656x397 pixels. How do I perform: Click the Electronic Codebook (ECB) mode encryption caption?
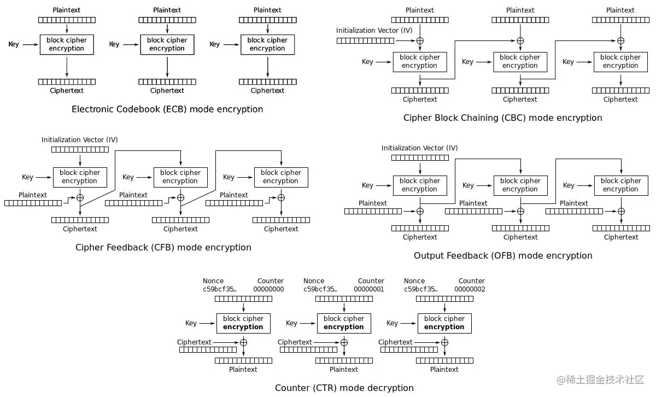pyautogui.click(x=167, y=109)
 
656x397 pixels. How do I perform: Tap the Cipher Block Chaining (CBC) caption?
pyautogui.click(x=502, y=118)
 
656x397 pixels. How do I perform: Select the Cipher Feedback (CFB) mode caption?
pyautogui.click(x=163, y=248)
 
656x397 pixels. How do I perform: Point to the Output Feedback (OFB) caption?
pyautogui.click(x=503, y=256)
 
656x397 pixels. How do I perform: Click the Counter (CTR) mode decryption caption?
pyautogui.click(x=344, y=388)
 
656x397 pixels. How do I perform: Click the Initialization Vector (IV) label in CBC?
pyautogui.click(x=374, y=31)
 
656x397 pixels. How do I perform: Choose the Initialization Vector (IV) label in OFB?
pyautogui.click(x=420, y=148)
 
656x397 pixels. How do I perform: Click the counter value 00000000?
pyautogui.click(x=268, y=289)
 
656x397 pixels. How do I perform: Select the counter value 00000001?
pyautogui.click(x=369, y=289)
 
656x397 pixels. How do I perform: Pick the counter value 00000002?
pyautogui.click(x=470, y=289)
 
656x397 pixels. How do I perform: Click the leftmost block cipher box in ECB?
pyautogui.click(x=67, y=44)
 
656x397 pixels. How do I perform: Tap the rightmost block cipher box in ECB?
pyautogui.click(x=267, y=44)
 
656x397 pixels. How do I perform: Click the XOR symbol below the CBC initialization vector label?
pyautogui.click(x=420, y=41)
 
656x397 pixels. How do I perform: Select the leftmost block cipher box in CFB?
pyautogui.click(x=80, y=177)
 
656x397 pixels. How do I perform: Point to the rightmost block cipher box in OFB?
pyautogui.click(x=620, y=185)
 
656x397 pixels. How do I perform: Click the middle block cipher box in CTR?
pyautogui.click(x=344, y=323)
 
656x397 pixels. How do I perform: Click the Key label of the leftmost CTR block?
pyautogui.click(x=191, y=323)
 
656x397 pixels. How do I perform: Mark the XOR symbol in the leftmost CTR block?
pyautogui.click(x=244, y=342)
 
